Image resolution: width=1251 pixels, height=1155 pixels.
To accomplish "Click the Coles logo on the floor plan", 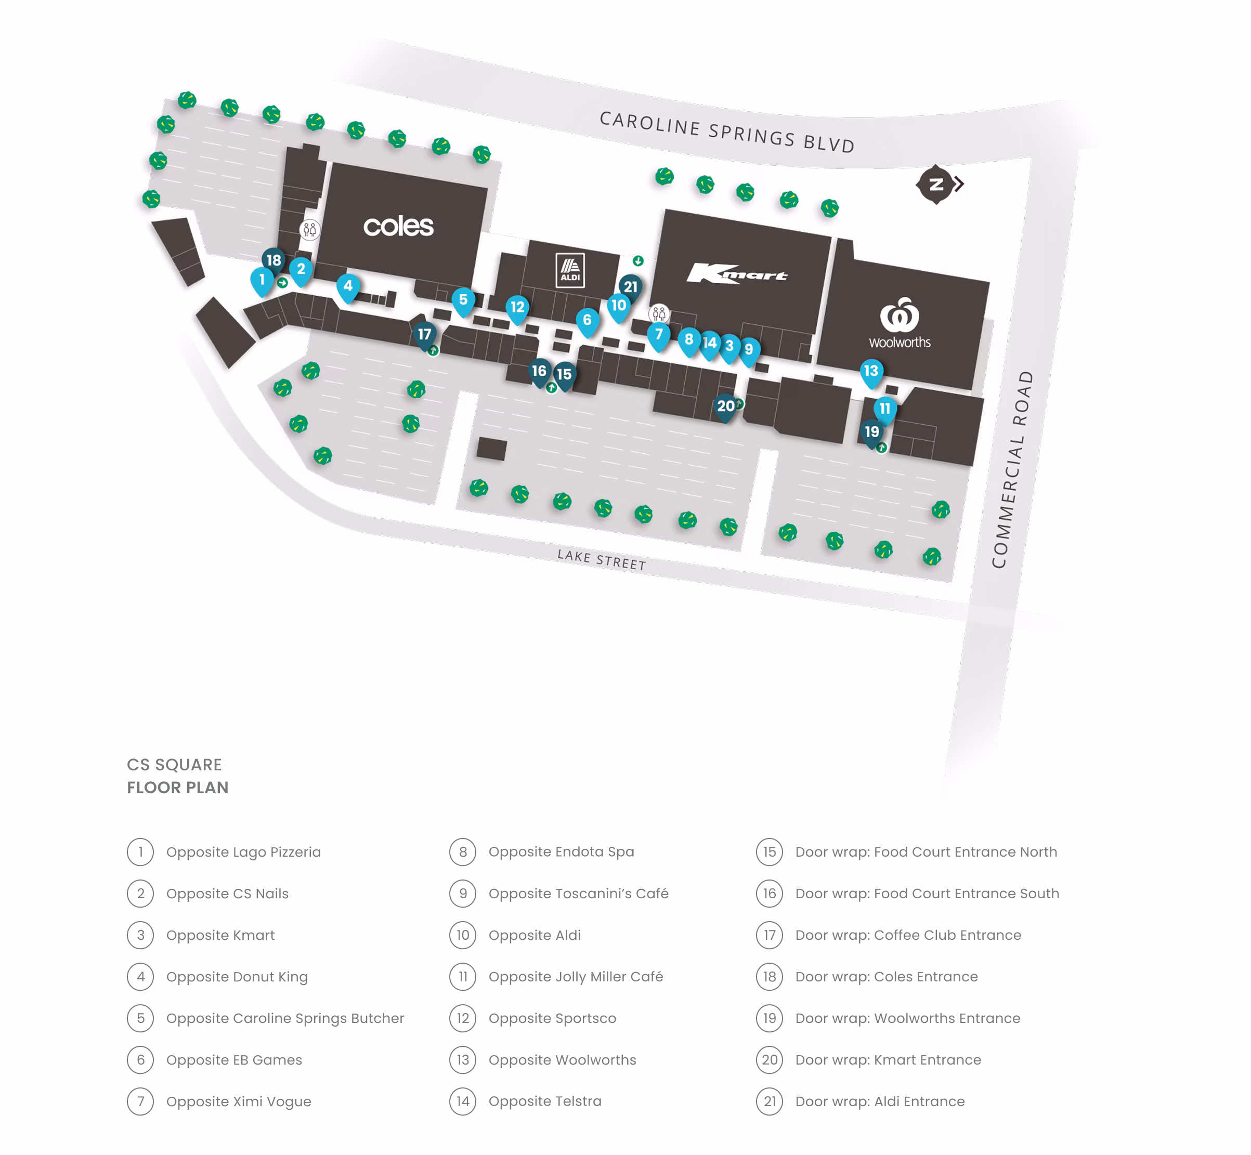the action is [x=398, y=226].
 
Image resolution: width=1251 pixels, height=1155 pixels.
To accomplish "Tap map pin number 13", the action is [x=871, y=372].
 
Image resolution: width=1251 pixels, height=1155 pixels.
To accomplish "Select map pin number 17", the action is [x=424, y=335].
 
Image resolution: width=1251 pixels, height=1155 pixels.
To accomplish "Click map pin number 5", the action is [x=463, y=300].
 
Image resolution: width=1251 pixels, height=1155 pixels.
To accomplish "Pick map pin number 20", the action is [x=725, y=407].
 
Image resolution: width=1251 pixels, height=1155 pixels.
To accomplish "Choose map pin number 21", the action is [x=630, y=287].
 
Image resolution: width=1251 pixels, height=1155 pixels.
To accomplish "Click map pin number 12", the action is [x=517, y=308].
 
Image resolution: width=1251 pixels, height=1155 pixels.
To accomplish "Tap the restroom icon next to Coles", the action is [x=309, y=230].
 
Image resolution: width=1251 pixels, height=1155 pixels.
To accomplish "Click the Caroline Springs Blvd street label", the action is [x=726, y=131].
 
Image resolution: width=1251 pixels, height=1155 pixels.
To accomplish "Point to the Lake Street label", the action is [x=602, y=559].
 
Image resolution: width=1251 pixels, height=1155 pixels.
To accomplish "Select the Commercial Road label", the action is [x=1012, y=469].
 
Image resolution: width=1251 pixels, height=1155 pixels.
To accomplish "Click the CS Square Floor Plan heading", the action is [x=177, y=776].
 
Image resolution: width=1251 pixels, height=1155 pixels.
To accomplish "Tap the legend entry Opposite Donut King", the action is [x=237, y=977].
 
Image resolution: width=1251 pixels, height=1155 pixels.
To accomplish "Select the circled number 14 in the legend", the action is [x=463, y=1101].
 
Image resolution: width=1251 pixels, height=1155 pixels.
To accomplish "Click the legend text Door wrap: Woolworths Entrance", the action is [x=907, y=1018].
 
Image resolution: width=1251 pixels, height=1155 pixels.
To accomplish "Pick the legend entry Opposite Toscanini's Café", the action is [x=578, y=894].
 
